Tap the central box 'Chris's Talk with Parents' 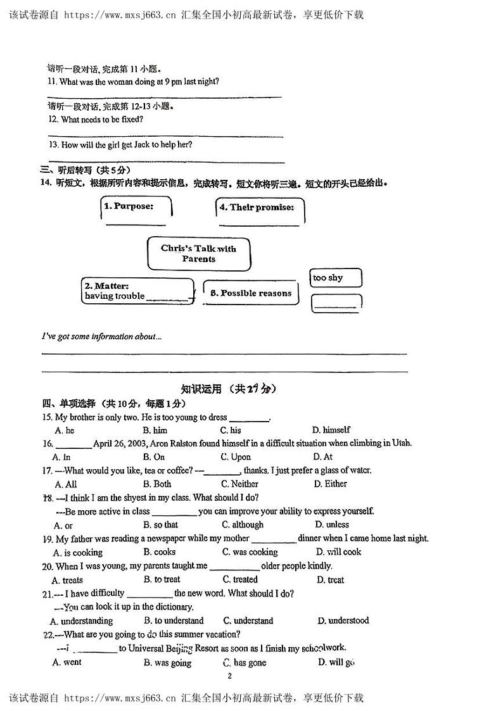198,253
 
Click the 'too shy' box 336,278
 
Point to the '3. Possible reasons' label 251,293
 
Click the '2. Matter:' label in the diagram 106,286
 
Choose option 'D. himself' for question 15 331,430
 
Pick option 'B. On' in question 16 154,456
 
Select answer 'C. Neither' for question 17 239,484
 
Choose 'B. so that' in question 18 161,525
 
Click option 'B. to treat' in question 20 162,579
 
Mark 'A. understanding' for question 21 82,620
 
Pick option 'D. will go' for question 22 336,662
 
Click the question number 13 53,144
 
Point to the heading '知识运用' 201,389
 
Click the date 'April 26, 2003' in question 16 122,443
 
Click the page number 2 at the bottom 229,676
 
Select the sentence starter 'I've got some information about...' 101,337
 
